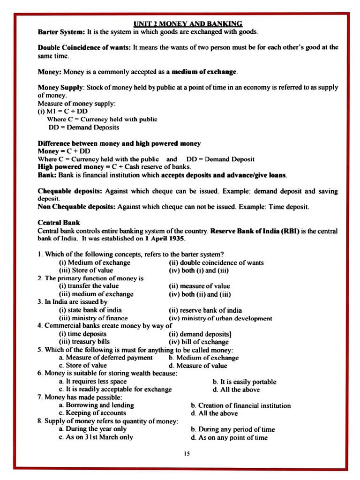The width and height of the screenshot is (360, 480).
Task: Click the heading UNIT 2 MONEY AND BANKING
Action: pos(187,23)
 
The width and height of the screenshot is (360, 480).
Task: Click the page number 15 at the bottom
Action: pos(187,453)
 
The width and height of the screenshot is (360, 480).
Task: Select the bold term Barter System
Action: pos(61,32)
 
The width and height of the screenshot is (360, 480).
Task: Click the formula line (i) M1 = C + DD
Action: pos(62,111)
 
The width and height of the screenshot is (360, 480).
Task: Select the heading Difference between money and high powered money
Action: pos(119,143)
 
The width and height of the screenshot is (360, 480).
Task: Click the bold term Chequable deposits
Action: pos(70,191)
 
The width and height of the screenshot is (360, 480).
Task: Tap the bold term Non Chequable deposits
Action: pos(76,207)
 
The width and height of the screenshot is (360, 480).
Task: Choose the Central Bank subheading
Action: pos(59,223)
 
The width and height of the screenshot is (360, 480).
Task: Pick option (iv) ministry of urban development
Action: pos(220,318)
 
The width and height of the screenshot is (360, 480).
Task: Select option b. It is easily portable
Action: pos(244,382)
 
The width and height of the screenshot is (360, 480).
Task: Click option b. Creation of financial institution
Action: pos(240,405)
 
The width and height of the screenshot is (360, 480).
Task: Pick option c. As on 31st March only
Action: pos(96,437)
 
